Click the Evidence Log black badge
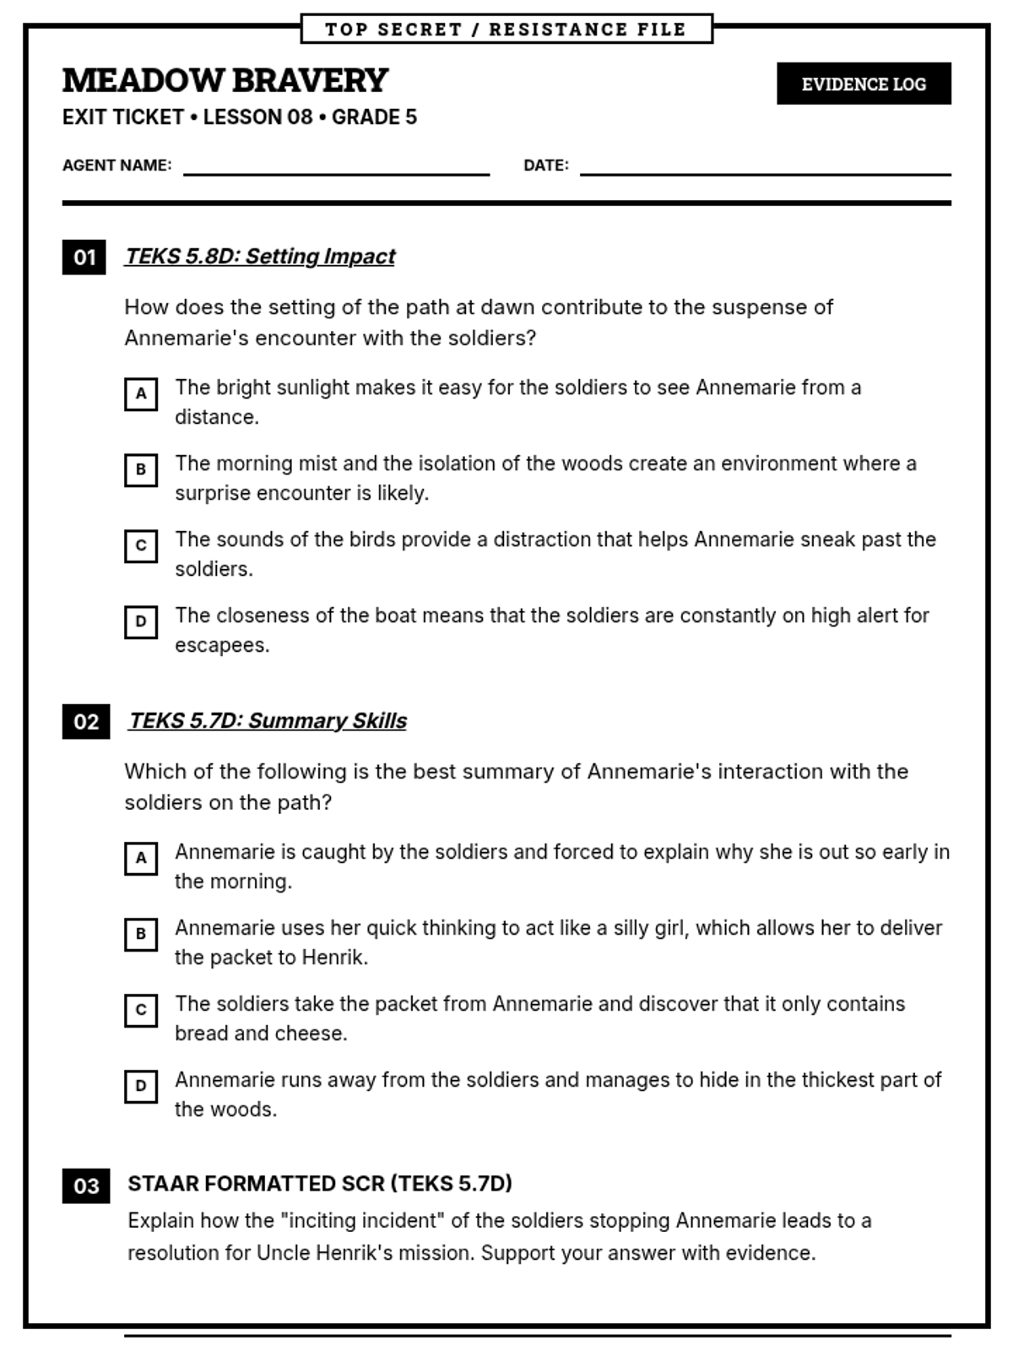(864, 84)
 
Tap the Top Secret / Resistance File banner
(506, 29)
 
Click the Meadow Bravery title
(225, 80)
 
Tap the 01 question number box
(84, 257)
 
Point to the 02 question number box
(86, 722)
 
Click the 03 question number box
(86, 1186)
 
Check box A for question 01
(141, 393)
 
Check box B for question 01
(141, 469)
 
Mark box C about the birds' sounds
(141, 545)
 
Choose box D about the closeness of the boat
(141, 621)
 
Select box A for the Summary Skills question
(141, 858)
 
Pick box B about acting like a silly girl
(141, 934)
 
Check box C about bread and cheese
(141, 1010)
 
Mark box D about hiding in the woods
(141, 1086)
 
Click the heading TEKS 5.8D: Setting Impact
(260, 256)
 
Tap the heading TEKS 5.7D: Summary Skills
(268, 720)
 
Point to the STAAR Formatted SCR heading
(320, 1184)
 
